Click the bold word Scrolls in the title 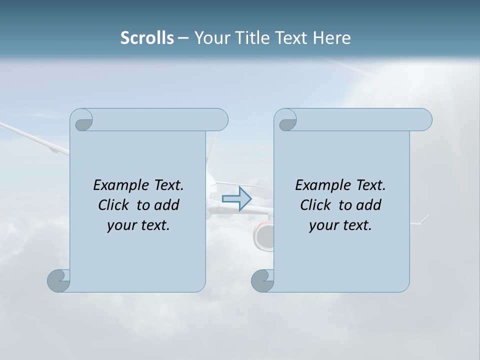tap(147, 38)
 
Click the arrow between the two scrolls tap(236, 199)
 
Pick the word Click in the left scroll tap(113, 205)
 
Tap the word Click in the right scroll tap(315, 205)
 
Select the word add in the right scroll tap(369, 205)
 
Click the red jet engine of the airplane tap(263, 235)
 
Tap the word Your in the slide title tap(210, 38)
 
